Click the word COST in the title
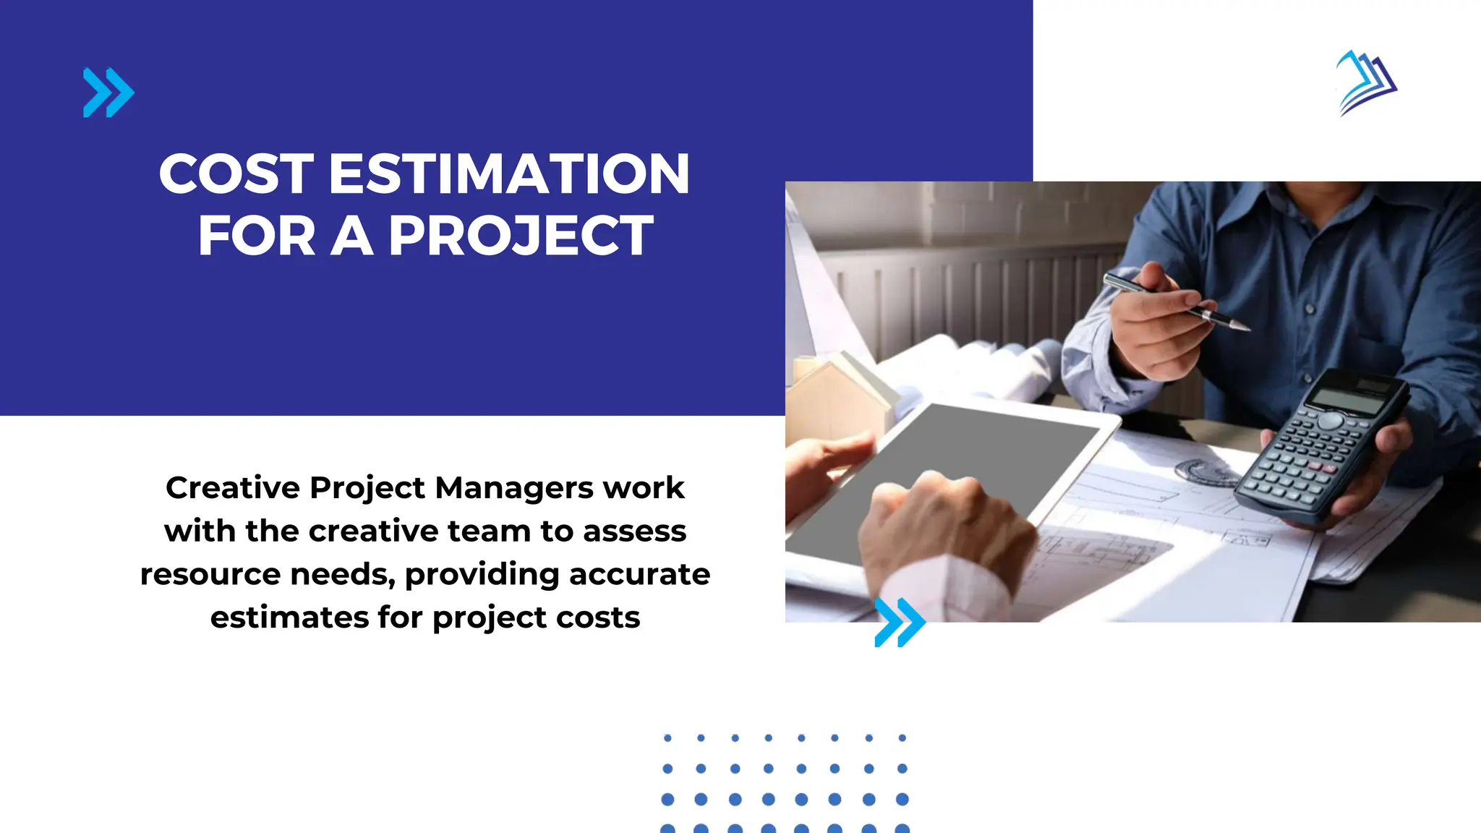pos(236,174)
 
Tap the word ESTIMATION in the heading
pos(509,174)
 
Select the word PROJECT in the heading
pos(521,236)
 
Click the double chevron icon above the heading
pos(108,93)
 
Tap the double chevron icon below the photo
pos(900,622)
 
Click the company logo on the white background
pos(1366,82)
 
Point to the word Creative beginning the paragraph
pos(233,488)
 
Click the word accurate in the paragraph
pos(639,575)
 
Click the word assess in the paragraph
pos(634,531)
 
